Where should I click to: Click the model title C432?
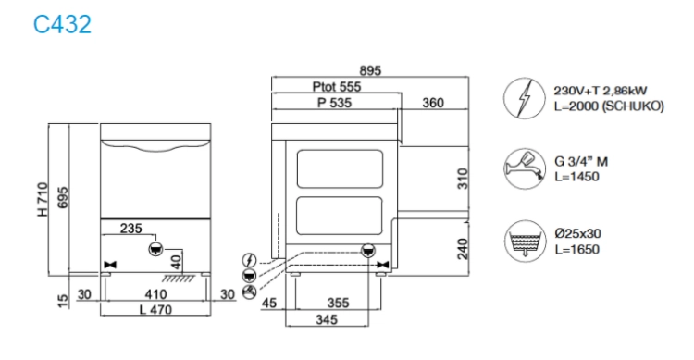(62, 24)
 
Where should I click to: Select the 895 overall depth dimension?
(370, 70)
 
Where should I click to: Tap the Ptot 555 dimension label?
(337, 86)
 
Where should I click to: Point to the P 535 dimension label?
(335, 103)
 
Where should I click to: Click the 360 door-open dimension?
(433, 103)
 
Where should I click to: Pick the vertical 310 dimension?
(463, 179)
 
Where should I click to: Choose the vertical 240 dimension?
(463, 249)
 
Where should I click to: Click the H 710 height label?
(43, 199)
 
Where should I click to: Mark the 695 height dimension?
(63, 198)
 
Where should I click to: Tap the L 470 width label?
(155, 309)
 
